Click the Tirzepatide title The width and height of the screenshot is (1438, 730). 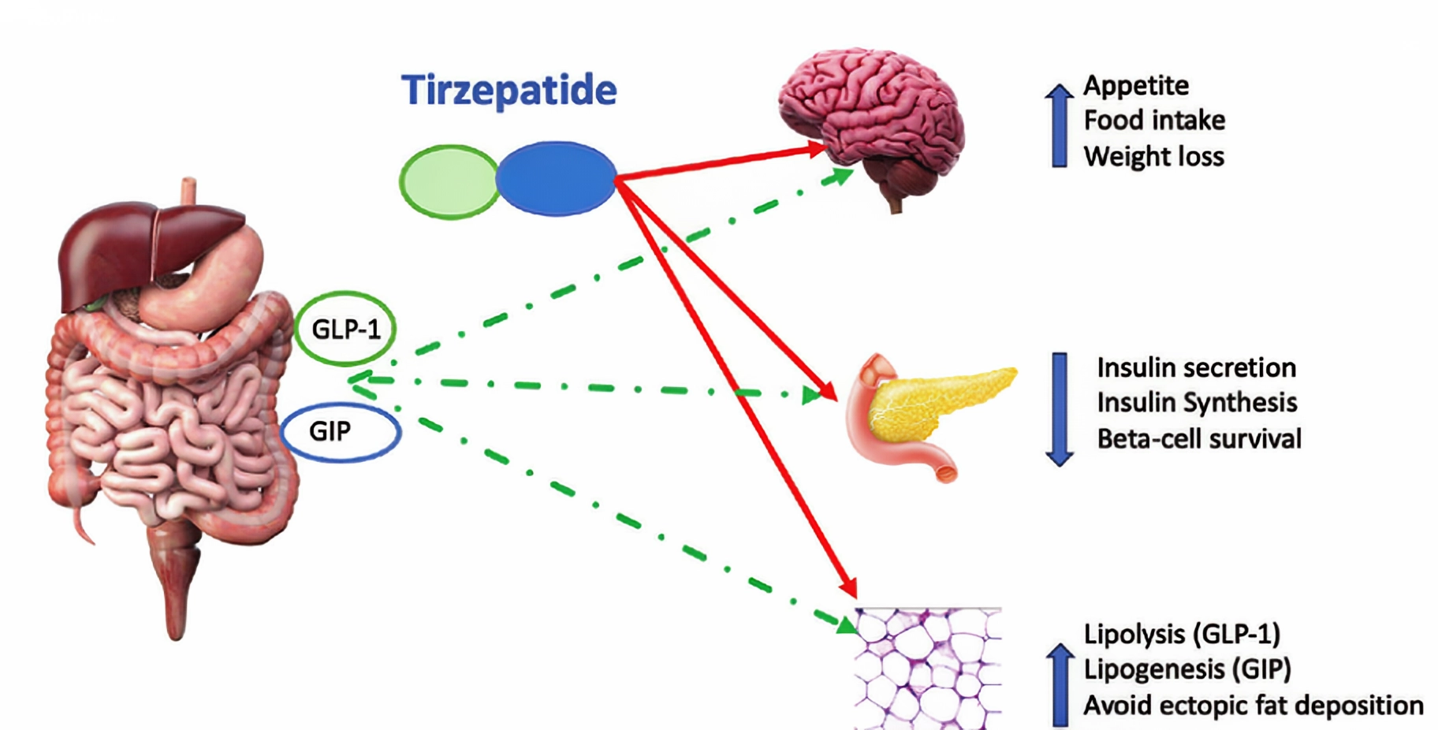(x=509, y=90)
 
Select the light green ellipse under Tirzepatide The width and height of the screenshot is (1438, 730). (x=449, y=181)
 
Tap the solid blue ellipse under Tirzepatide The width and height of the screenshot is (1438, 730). (x=556, y=179)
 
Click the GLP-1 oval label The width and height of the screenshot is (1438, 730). (x=345, y=330)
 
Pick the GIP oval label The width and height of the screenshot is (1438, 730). (x=341, y=431)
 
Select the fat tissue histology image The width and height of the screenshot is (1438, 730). (x=928, y=668)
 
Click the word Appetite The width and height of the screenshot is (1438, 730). (x=1136, y=85)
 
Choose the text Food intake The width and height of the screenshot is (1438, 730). (x=1154, y=121)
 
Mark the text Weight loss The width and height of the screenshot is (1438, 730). (x=1153, y=156)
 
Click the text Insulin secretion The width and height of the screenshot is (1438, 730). (x=1196, y=367)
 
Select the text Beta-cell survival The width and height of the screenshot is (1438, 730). (x=1199, y=438)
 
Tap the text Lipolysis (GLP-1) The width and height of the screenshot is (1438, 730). (x=1182, y=634)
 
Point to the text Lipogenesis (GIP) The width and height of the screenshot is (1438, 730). (x=1187, y=669)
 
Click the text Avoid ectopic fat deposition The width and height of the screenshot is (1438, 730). (x=1254, y=705)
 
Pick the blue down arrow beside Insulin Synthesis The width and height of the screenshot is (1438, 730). (x=1060, y=408)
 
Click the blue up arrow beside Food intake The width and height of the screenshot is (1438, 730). (x=1060, y=125)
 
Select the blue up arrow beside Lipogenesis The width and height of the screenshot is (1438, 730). (x=1060, y=684)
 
